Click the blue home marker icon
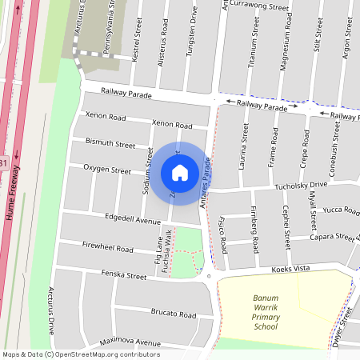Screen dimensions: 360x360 click(x=180, y=172)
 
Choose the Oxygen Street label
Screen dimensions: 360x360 click(x=107, y=170)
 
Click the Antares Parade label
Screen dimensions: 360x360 click(x=206, y=186)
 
